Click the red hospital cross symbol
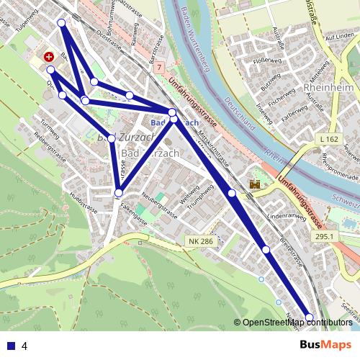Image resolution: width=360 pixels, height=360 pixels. click(x=48, y=55)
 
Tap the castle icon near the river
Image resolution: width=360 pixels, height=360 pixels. click(x=254, y=185)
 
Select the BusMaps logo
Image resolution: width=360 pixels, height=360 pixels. click(x=325, y=345)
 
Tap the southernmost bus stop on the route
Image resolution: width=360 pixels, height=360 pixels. click(x=310, y=318)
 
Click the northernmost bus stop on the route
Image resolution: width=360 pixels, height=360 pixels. click(x=61, y=23)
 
